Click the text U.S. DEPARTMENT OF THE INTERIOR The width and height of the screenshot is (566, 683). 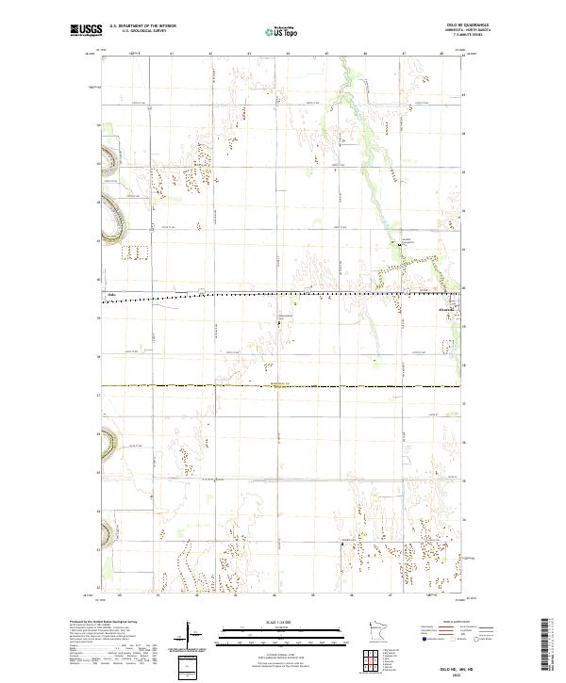(x=139, y=25)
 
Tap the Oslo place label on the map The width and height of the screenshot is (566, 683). (x=111, y=296)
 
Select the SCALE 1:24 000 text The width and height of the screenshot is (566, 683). (x=275, y=621)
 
